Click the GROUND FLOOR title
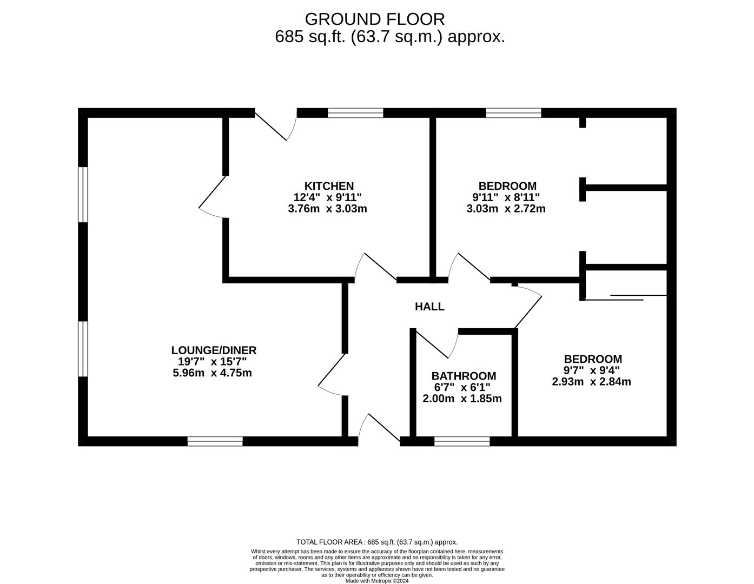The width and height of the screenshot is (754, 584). pos(375,19)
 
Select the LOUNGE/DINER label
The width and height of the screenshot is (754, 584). pos(214,350)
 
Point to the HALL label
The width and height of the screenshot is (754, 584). pos(429,307)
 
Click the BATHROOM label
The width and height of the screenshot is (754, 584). pos(464,376)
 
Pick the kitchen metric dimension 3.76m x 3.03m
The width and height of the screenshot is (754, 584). pos(328,209)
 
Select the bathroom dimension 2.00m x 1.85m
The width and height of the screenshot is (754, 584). pos(462,399)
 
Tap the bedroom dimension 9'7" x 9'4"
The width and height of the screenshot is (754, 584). pos(592,370)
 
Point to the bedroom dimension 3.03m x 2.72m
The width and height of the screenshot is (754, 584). pos(506,209)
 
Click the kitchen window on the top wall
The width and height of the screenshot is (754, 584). pos(355,113)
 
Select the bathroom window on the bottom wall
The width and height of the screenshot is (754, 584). pos(462,441)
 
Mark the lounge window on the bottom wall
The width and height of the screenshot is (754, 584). pos(215,441)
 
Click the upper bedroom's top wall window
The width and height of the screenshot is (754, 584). pos(513,113)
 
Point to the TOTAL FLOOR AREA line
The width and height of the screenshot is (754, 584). pos(377,542)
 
